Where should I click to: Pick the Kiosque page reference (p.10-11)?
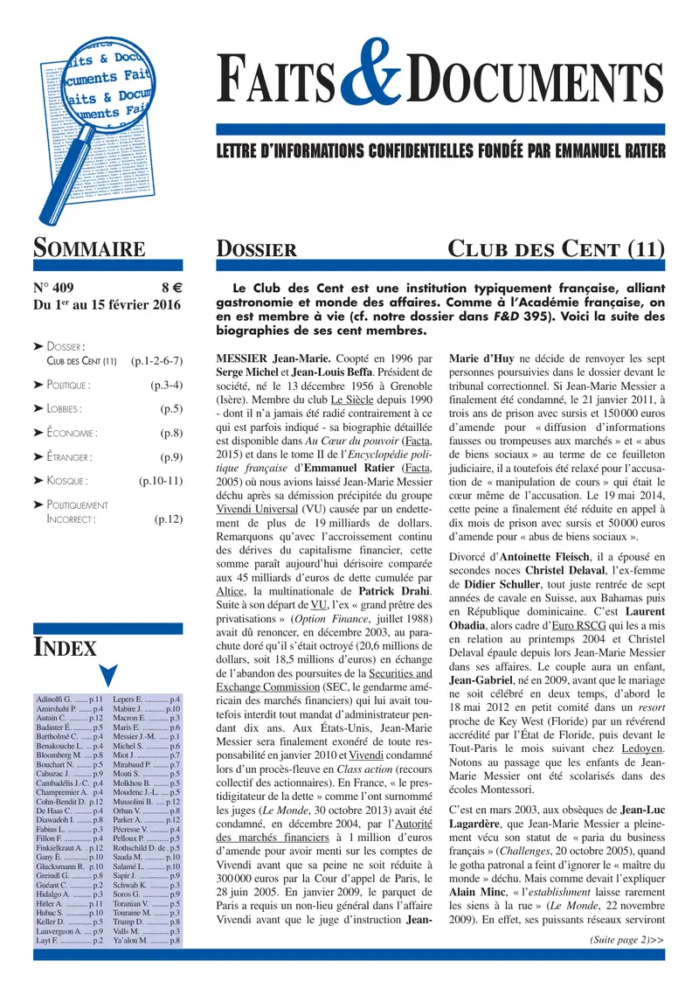(160, 481)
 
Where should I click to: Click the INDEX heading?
(65, 648)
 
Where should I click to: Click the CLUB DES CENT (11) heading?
(556, 249)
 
